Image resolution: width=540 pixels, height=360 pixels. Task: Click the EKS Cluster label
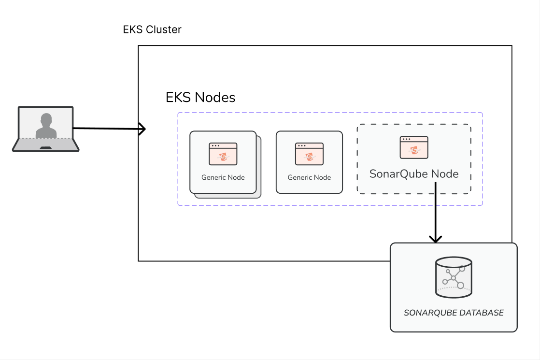pyautogui.click(x=152, y=29)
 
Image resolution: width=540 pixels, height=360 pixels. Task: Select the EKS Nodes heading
pyautogui.click(x=200, y=98)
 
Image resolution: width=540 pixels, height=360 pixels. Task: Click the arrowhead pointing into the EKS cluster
pyautogui.click(x=142, y=129)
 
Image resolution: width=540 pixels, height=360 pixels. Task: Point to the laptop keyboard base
pyautogui.click(x=46, y=144)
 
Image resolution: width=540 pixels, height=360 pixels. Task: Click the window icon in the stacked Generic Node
pyautogui.click(x=223, y=154)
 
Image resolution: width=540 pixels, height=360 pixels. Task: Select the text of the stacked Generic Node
pyautogui.click(x=223, y=177)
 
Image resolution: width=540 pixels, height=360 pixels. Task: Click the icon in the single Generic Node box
pyautogui.click(x=309, y=154)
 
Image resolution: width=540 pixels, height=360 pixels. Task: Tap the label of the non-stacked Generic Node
pyautogui.click(x=309, y=177)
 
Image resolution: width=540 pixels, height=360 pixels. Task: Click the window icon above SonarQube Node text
pyautogui.click(x=414, y=147)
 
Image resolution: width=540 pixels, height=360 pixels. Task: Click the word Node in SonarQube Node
pyautogui.click(x=444, y=174)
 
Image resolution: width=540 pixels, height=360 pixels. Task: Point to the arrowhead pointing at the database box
pyautogui.click(x=436, y=239)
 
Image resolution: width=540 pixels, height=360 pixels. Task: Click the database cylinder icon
pyautogui.click(x=454, y=278)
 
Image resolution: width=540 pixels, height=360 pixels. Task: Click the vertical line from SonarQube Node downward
pyautogui.click(x=436, y=213)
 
